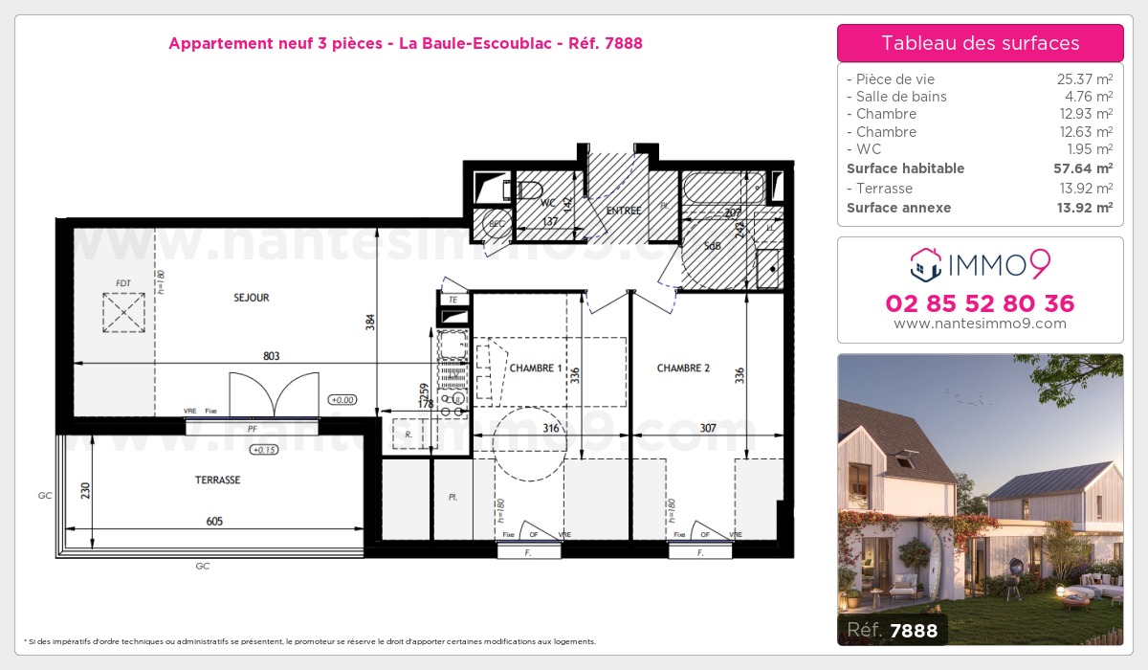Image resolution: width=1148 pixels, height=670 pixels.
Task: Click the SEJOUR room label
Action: coord(252,298)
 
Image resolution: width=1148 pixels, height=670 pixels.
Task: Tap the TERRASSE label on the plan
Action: coord(217,480)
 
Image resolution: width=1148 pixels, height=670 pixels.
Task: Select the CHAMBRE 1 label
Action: coord(536,368)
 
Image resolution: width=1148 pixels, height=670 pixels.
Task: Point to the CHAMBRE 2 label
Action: coord(683,368)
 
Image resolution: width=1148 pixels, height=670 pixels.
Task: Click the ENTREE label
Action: coord(624,211)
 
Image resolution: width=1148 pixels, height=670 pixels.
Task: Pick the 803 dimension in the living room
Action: coord(271,356)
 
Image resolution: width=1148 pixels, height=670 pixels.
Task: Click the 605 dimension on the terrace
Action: coord(213,521)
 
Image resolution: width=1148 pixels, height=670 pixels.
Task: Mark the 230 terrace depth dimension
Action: coord(86,490)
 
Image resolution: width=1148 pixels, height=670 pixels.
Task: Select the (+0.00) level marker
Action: coord(341,400)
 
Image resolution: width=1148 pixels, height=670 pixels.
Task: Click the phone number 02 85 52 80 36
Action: coord(980,303)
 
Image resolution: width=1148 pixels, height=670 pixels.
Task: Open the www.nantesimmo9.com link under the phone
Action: coord(980,324)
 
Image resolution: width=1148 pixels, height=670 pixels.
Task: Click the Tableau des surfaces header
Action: coord(980,43)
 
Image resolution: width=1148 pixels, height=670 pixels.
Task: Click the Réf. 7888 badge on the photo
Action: coord(893,629)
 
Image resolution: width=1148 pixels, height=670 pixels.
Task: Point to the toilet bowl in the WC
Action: coord(527,188)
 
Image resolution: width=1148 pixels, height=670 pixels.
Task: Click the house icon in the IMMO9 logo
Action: coord(926,264)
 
